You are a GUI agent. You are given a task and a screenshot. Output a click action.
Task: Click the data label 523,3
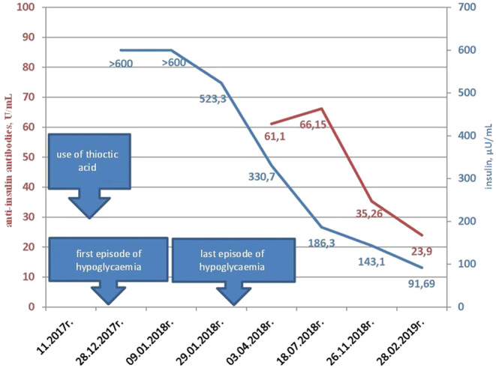click(214, 98)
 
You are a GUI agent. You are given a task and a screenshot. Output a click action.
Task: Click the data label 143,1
click(373, 262)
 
